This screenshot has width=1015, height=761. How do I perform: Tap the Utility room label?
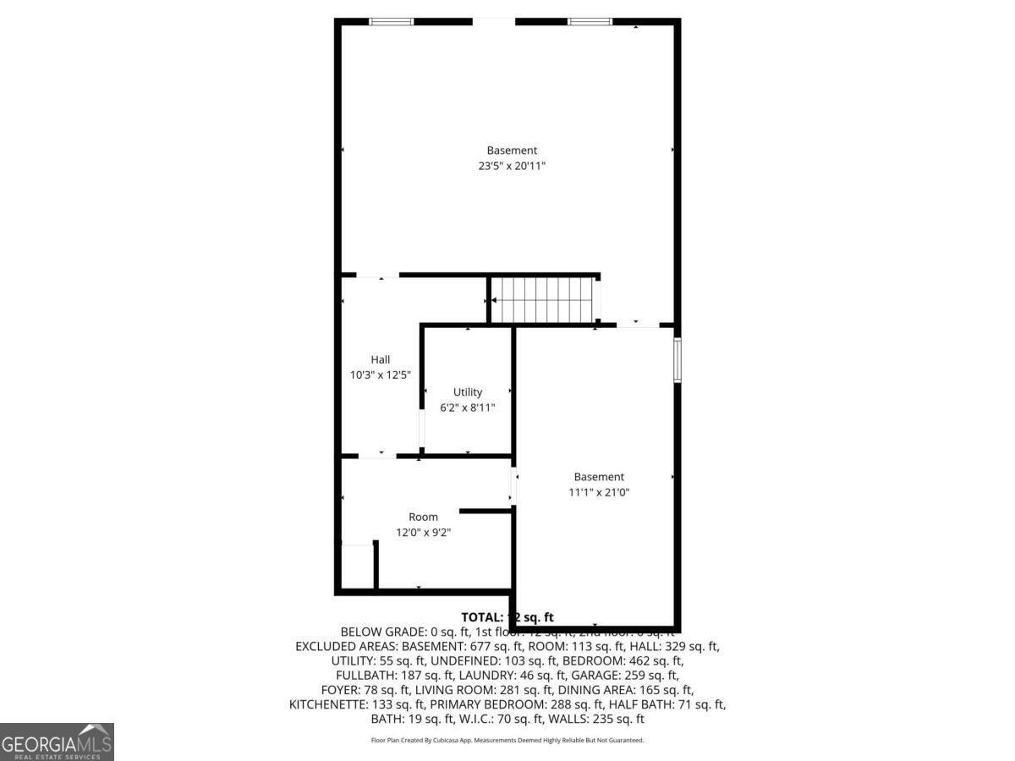(x=468, y=391)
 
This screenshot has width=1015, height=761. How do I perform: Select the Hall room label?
(x=381, y=359)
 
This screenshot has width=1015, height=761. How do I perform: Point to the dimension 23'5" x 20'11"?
(x=512, y=167)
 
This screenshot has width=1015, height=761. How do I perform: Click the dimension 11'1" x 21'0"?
(x=599, y=492)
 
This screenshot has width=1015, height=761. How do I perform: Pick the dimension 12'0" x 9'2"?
(x=423, y=533)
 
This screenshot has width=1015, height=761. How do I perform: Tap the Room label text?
(x=423, y=517)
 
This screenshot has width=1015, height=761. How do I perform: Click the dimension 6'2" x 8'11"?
(x=468, y=408)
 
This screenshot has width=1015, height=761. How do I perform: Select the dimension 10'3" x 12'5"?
(x=381, y=375)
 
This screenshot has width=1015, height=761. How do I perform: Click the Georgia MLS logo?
(x=57, y=742)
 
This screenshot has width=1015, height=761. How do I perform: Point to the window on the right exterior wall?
(x=677, y=360)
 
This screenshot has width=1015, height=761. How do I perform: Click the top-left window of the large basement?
(x=391, y=21)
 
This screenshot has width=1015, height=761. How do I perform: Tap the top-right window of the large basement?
(x=589, y=21)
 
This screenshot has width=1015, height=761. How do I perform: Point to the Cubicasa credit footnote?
(x=507, y=740)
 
